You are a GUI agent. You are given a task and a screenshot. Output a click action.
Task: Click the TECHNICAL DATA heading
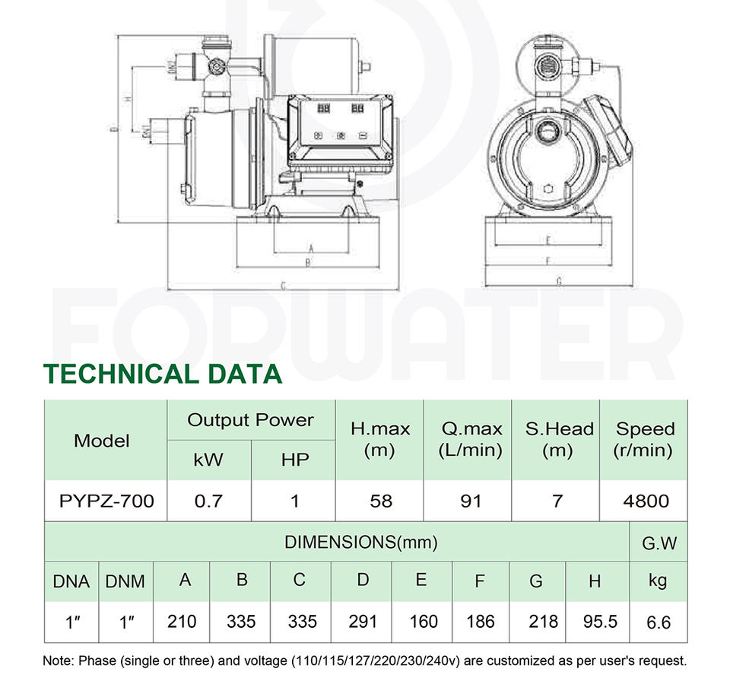[x=163, y=374]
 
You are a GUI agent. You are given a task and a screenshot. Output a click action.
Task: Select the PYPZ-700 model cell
[x=106, y=501]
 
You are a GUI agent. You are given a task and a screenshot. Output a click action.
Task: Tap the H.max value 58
[x=380, y=501]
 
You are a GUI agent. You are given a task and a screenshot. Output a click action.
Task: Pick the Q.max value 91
[x=471, y=501]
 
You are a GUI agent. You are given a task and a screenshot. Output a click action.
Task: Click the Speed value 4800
[x=645, y=501]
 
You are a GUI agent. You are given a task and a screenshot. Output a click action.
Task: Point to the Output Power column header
[x=250, y=420]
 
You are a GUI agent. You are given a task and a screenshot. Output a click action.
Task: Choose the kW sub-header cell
[x=208, y=460]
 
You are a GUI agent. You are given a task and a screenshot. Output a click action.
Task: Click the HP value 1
[x=295, y=501]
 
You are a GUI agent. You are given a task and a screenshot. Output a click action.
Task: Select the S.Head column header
[x=559, y=439]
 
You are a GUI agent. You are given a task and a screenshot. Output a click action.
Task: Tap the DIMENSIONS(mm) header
[x=360, y=543]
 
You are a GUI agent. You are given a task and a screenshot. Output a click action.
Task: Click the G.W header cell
[x=659, y=543]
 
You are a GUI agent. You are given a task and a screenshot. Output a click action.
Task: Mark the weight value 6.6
[x=659, y=622]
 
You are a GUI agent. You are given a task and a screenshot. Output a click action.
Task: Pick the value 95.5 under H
[x=600, y=622]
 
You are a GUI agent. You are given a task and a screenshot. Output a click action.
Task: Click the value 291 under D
[x=363, y=622]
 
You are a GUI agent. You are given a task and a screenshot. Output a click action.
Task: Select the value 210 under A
[x=182, y=622]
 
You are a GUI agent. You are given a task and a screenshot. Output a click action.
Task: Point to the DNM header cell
[x=126, y=582]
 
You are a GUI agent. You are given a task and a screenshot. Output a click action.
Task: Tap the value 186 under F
[x=481, y=622]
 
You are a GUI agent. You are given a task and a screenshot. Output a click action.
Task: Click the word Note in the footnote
[x=59, y=661]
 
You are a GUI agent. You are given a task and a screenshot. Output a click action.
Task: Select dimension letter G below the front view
[x=559, y=282]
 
